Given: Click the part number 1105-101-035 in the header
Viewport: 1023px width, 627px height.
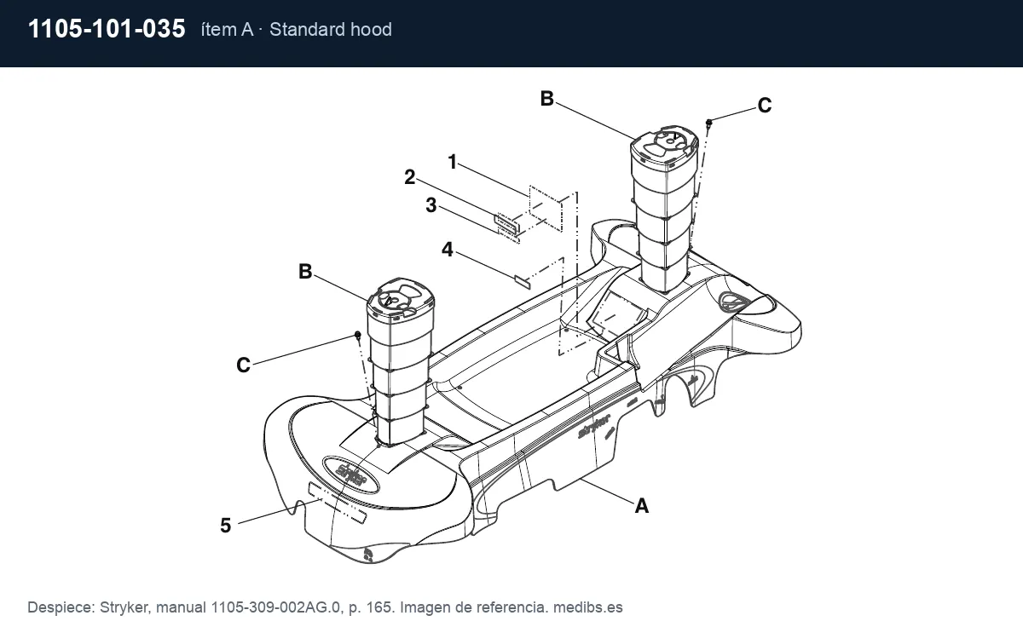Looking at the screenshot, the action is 107,29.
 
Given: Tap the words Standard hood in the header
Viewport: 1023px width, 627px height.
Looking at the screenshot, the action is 331,30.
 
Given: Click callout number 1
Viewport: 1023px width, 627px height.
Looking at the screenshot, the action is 452,162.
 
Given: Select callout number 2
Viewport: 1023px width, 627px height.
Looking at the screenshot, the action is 410,177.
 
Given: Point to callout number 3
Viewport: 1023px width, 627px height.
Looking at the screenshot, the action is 431,205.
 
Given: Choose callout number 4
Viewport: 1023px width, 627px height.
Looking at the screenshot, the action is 448,250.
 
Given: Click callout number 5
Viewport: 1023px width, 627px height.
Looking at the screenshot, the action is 226,526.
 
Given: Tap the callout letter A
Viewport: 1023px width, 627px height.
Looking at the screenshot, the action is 642,506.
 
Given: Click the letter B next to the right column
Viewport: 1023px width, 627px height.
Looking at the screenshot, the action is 547,99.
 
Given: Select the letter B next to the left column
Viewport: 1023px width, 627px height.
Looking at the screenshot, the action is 305,272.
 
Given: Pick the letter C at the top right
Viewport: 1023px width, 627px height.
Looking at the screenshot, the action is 765,106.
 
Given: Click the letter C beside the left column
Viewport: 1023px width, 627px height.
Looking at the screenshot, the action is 244,365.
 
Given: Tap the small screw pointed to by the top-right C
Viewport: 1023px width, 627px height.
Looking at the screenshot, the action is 708,123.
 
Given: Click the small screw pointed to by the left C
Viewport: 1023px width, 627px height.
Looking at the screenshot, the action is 357,335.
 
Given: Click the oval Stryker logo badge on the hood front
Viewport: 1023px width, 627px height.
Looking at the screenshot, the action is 350,475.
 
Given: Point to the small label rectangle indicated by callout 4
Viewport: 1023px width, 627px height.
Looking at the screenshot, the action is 523,282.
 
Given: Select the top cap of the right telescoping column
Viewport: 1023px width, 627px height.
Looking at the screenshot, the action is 664,145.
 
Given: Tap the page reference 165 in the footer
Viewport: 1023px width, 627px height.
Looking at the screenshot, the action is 380,607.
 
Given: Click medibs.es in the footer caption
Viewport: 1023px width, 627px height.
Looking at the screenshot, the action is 587,607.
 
